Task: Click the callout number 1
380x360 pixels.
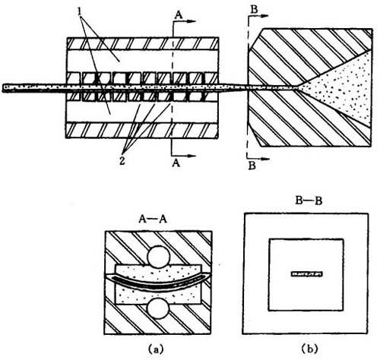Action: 80,12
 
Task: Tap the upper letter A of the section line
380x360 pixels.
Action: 179,15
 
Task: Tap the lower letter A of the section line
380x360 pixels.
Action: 176,163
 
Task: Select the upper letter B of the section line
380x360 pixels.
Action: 254,9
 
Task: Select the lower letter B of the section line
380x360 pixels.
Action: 252,166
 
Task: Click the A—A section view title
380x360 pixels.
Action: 153,219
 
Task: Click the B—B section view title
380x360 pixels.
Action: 309,201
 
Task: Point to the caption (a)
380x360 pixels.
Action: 156,349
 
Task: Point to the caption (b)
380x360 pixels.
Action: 309,349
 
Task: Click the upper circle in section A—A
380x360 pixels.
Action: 159,257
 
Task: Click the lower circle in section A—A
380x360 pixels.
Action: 158,308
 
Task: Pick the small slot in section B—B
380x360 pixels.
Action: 307,274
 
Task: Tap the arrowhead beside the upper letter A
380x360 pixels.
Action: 192,21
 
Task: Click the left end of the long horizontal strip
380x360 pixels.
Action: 2,88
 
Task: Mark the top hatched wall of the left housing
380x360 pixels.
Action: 142,43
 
